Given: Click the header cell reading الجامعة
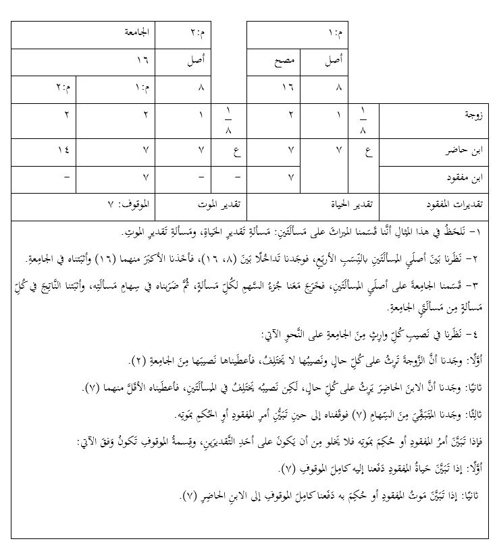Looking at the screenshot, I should (136, 32).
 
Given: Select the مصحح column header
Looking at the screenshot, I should (288, 61).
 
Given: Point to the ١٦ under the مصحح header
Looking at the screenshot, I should (288, 88).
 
